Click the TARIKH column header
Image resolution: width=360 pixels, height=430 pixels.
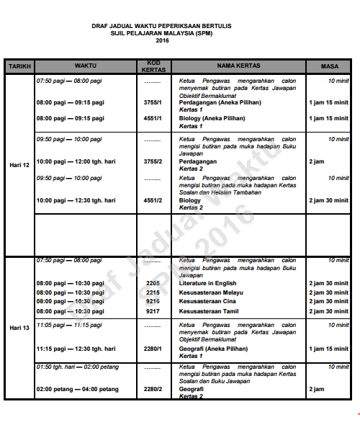coord(19,66)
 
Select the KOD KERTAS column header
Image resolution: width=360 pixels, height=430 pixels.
coord(153,66)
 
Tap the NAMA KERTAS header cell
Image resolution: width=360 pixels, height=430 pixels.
coord(238,66)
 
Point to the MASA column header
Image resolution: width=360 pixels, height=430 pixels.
coord(328,66)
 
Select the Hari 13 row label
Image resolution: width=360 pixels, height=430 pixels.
coord(19,328)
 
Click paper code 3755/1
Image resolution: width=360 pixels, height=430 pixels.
coord(153,102)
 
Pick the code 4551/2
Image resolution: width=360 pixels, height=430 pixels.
coord(153,200)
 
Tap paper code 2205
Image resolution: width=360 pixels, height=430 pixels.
coord(153,284)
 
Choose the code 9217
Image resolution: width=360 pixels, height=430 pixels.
coord(153,311)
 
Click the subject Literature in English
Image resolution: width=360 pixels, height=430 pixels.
coord(208,284)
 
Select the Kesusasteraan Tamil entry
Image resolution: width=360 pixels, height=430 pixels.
coord(210,311)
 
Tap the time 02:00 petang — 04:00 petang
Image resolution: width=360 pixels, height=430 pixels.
coord(77,389)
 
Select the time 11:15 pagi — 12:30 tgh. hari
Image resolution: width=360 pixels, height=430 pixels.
coord(76,349)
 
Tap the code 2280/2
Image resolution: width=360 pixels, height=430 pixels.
coord(153,389)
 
